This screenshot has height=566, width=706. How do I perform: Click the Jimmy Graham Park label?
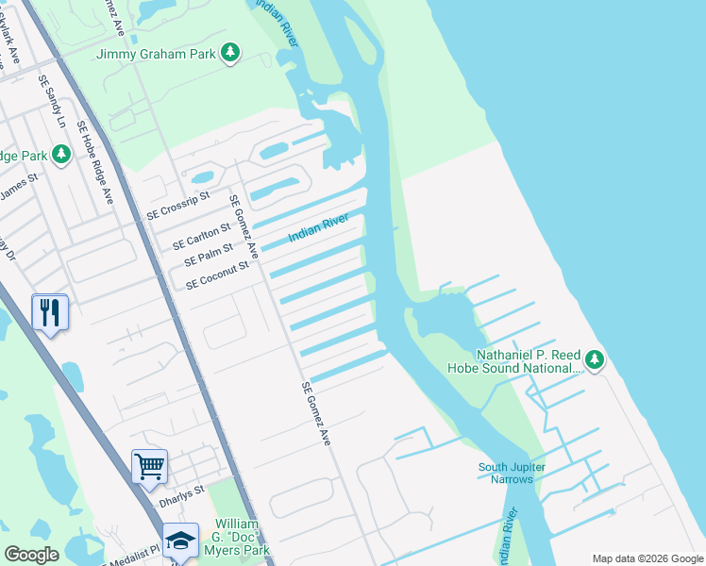(x=157, y=54)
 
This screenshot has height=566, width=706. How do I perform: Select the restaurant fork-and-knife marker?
(x=49, y=312)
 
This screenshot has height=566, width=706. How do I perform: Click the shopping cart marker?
(x=149, y=467)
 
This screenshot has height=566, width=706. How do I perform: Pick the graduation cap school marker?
(x=180, y=541)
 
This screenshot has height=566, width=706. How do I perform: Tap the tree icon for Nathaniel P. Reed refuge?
(x=594, y=359)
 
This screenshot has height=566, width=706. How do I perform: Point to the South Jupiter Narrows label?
(x=506, y=473)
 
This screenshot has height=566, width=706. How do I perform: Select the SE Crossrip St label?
(x=176, y=209)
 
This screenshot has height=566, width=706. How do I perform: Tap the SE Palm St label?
(x=209, y=254)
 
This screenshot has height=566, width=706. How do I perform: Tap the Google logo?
(x=31, y=555)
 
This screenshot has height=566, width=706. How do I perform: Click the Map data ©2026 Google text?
(x=647, y=558)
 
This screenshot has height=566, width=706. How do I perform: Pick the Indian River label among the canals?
(x=319, y=227)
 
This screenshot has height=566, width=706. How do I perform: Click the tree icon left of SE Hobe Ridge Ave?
(x=61, y=153)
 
